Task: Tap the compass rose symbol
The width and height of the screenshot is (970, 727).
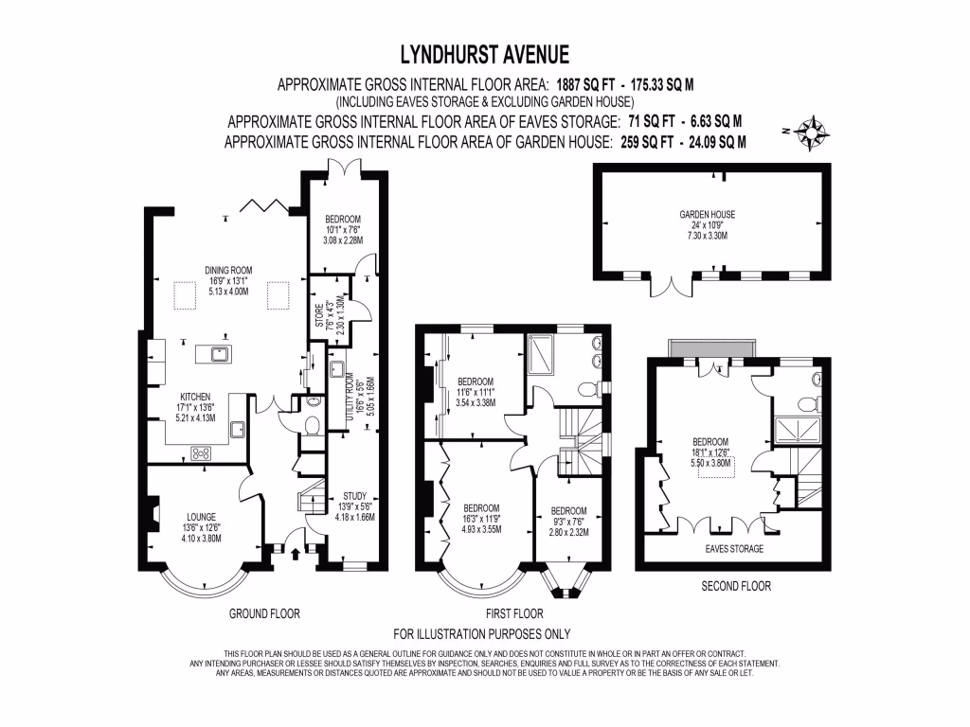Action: coord(813,130)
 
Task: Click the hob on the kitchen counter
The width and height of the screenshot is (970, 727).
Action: coord(202,453)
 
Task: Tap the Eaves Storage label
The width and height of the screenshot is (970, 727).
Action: coord(735,548)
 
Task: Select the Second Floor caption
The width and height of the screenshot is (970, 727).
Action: coord(735,586)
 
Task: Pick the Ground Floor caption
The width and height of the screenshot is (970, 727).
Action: coord(264,613)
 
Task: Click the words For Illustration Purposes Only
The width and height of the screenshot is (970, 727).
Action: coord(481,633)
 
